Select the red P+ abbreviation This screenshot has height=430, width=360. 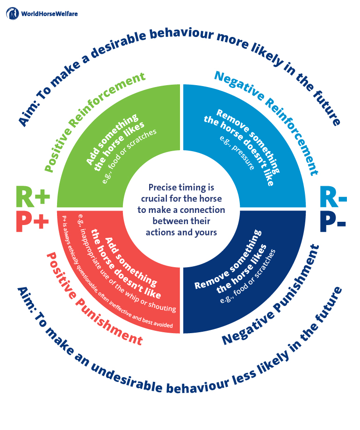point(32,221)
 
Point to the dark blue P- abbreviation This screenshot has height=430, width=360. point(332,221)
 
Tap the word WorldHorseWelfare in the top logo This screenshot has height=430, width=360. point(50,14)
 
